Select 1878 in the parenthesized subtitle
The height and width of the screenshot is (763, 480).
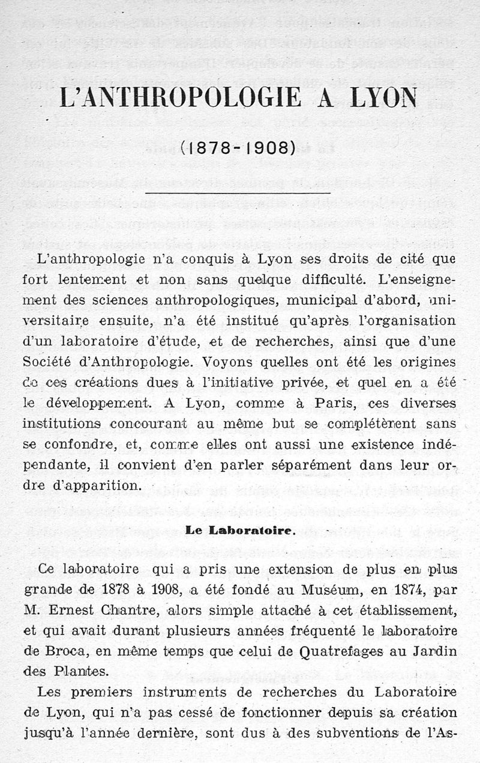[x=209, y=148]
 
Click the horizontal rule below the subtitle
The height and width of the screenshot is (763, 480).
[x=239, y=193]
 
